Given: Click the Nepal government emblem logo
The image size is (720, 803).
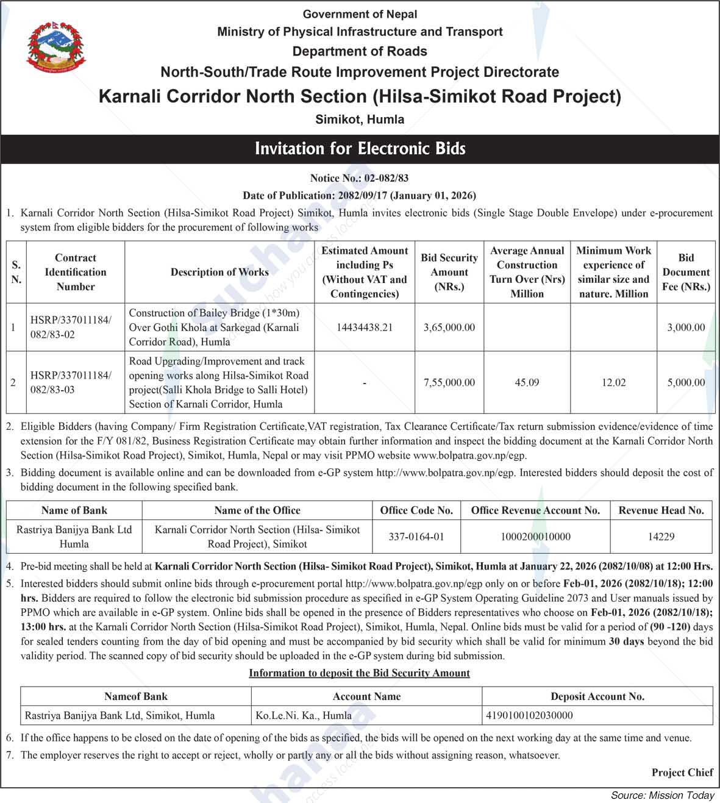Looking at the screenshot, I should coord(56,48).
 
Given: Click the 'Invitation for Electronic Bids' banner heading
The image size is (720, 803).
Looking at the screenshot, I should coord(360,149).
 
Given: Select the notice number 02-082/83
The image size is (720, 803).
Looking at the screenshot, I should coord(386,178).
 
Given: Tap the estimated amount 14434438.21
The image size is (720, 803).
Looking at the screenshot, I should coord(365,327).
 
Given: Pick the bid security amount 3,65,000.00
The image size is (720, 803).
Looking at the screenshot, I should coord(449,327).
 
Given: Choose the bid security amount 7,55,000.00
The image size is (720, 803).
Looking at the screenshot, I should coord(449,383).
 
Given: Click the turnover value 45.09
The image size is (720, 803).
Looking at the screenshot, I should coord(527,383).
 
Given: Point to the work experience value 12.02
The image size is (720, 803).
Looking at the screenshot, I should coord(613,383).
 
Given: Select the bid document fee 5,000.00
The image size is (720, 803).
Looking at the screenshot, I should coord(686,383).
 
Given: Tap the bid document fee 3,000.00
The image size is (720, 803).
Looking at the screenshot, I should coord(686,327).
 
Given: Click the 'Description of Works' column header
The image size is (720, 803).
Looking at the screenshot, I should coord(219,272).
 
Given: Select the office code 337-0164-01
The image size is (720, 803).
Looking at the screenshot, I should coord(416,537).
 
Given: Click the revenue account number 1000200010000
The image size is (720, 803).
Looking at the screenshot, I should coord(535,537).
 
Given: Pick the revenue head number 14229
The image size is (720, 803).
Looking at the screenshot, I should coord(661,537).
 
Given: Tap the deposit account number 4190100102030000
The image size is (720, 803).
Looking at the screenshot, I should coord(529,715).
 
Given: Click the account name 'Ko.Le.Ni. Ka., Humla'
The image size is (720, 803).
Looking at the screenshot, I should coord(304,715).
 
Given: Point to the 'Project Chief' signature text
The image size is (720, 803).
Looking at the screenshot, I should coord(682,773).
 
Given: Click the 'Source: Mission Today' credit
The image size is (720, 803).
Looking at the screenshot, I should coord(662,795).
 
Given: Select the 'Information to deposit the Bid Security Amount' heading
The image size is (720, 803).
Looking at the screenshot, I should coord(359,673).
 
